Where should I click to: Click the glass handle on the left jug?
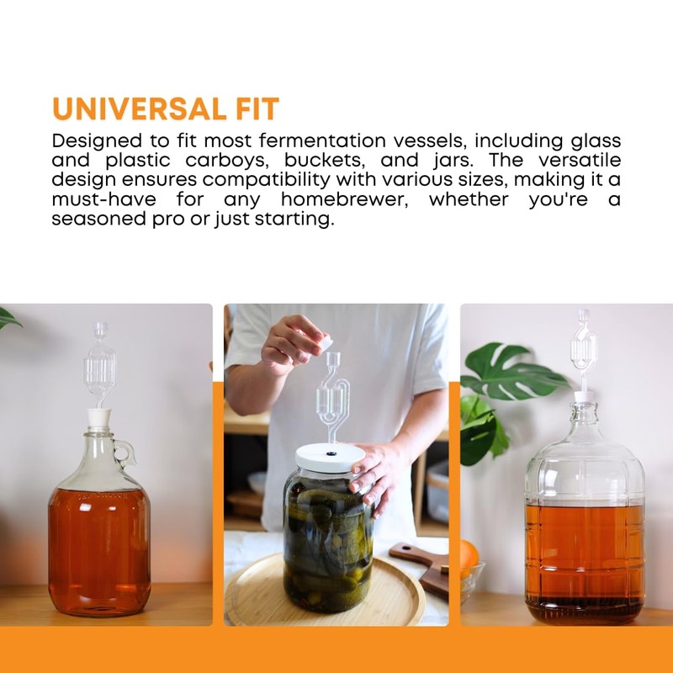pos(125,453)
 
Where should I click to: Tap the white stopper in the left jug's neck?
pos(100,418)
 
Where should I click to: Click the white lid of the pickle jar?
pos(329,457)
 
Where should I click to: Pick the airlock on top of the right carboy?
pos(583,348)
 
